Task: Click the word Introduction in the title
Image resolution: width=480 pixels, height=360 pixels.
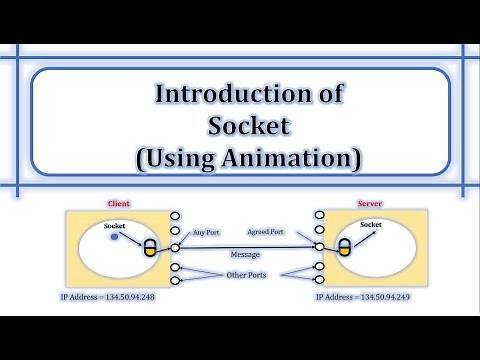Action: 210,95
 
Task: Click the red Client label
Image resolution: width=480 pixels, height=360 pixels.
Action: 119,204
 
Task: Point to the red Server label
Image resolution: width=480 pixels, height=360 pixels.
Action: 369,204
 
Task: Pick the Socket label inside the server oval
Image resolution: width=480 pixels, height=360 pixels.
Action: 370,225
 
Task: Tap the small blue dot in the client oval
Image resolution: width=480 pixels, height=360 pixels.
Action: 115,238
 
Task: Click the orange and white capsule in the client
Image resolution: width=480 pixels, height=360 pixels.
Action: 151,248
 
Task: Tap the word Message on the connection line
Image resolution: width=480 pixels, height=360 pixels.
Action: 243,254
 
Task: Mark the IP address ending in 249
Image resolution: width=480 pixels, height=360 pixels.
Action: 365,297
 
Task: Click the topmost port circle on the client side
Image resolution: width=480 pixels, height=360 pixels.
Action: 176,215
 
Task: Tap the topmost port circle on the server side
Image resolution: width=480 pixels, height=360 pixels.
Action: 319,215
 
